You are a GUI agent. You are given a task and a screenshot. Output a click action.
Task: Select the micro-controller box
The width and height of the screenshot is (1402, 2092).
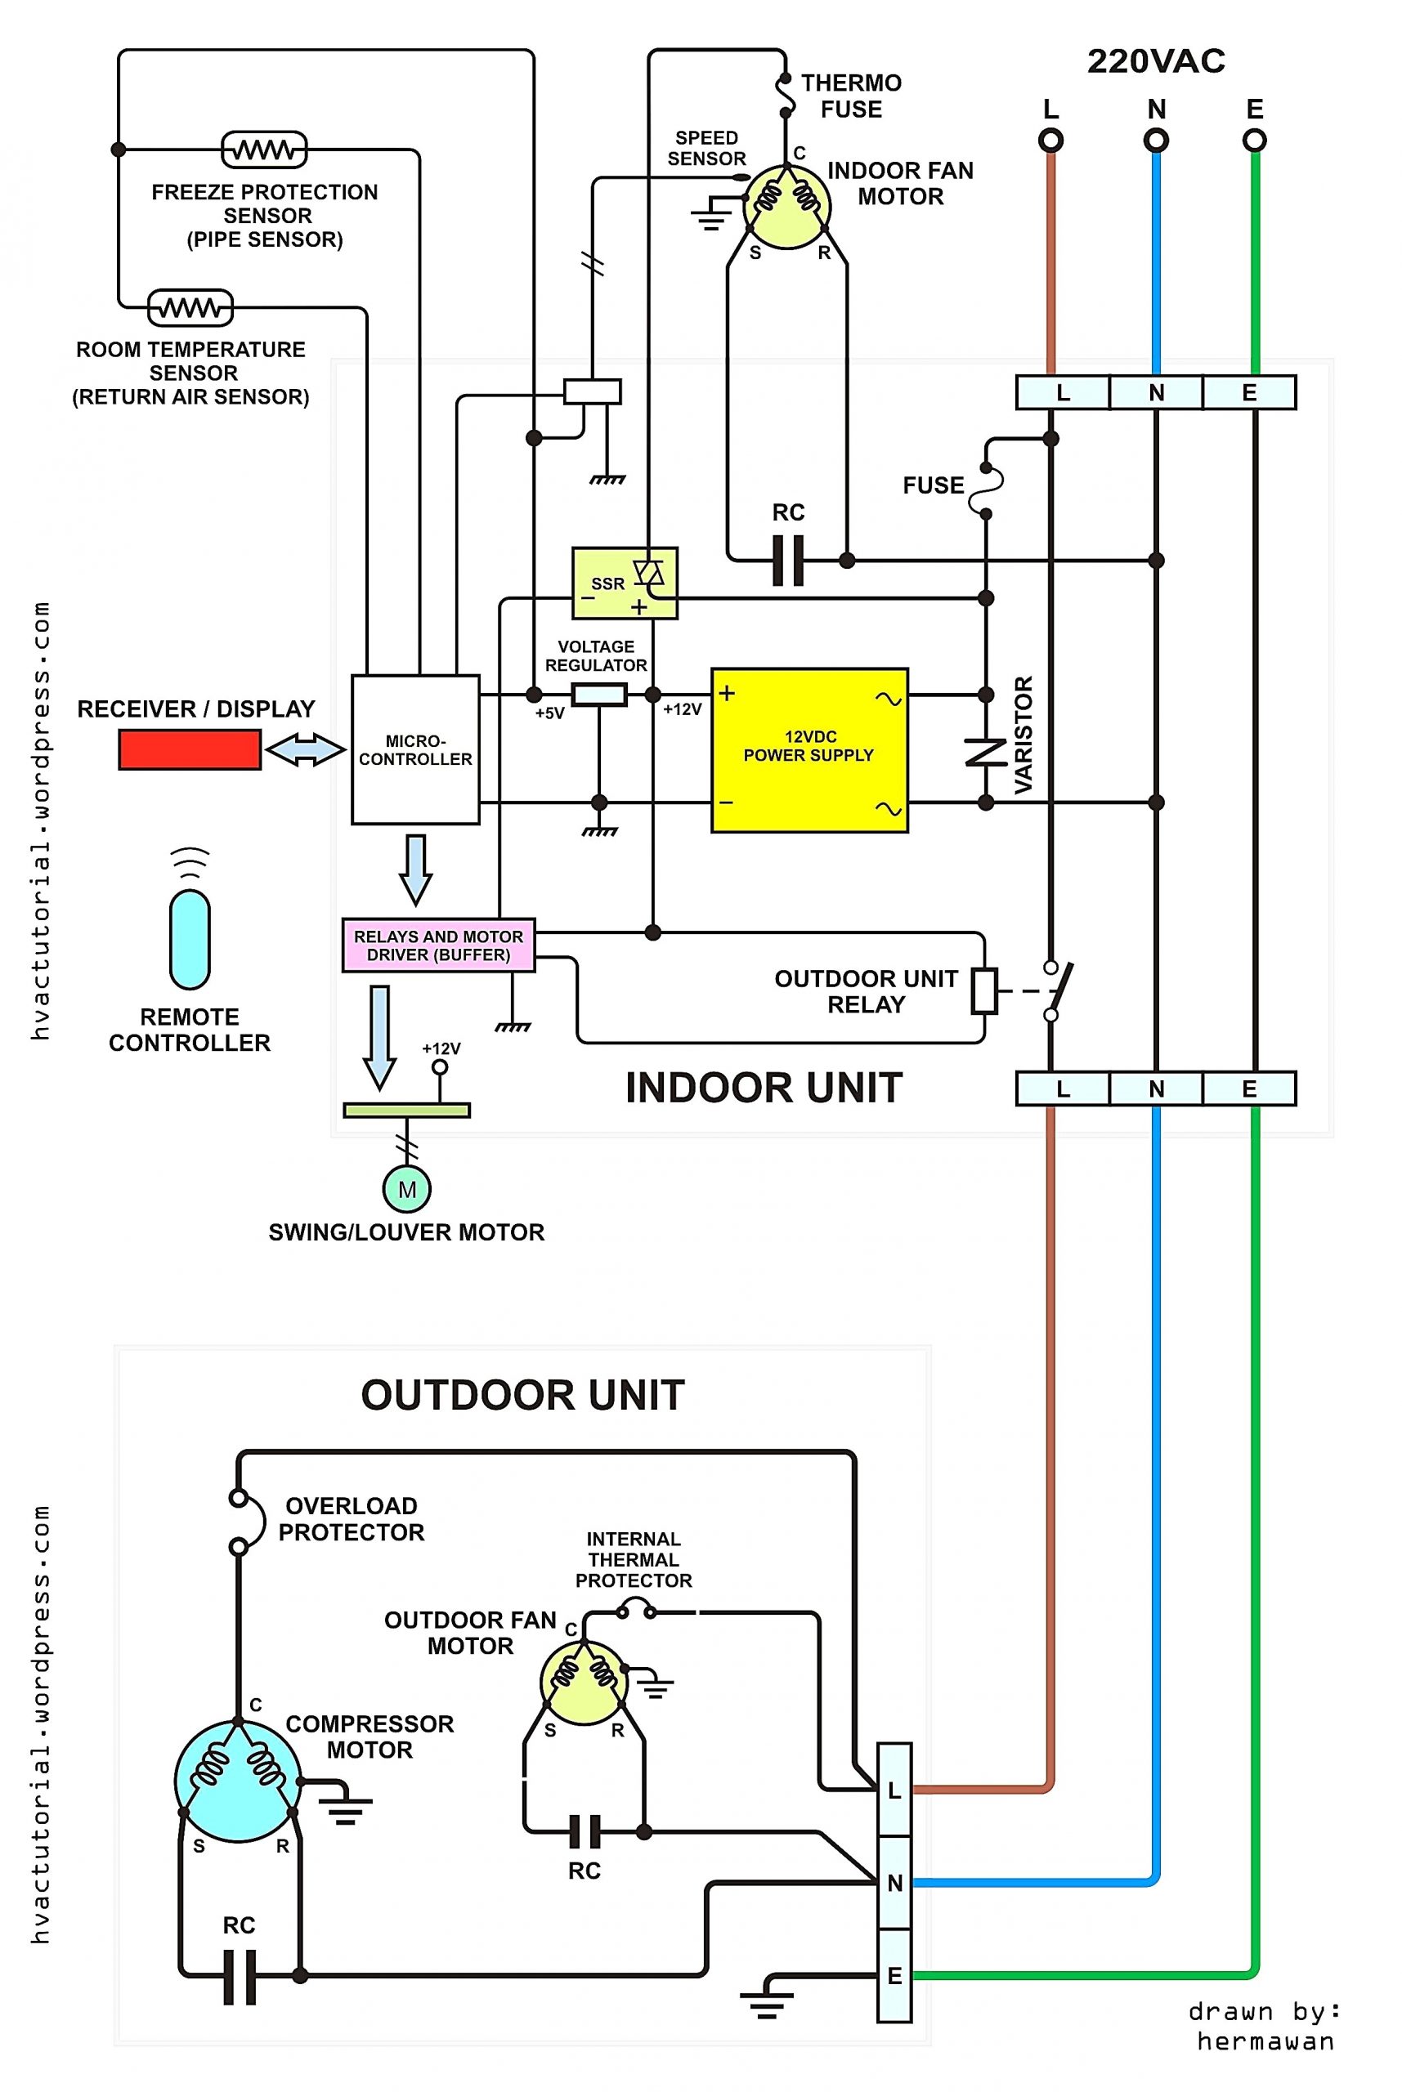(415, 749)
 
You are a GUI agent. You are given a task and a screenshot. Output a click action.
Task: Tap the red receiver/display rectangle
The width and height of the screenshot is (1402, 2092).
(190, 749)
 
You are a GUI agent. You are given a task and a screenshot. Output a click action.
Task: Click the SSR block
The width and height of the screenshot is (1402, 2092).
(624, 583)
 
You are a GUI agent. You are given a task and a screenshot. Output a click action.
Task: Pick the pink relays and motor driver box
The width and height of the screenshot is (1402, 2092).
(438, 945)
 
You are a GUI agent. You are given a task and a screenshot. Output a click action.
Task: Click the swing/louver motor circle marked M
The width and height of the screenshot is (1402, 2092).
(407, 1190)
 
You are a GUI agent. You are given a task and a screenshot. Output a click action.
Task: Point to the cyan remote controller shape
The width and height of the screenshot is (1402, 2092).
(190, 938)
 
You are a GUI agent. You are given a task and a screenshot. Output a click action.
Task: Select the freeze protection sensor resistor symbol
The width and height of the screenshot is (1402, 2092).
(264, 150)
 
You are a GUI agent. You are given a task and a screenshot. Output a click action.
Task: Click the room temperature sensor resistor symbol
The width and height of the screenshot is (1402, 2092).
(190, 308)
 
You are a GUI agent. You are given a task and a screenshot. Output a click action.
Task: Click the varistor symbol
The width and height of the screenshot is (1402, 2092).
(985, 752)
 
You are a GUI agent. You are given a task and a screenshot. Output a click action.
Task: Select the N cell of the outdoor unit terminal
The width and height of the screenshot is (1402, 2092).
(894, 1883)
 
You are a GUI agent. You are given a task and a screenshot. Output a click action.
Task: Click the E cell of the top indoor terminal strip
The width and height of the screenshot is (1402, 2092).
(1249, 392)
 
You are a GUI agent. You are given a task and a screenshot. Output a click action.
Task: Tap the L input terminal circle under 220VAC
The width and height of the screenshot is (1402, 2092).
(1050, 141)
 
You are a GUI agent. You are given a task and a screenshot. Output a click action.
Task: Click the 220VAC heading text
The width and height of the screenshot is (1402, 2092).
(1155, 61)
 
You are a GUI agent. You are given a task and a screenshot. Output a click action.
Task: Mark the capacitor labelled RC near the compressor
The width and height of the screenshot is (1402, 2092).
(239, 1976)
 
